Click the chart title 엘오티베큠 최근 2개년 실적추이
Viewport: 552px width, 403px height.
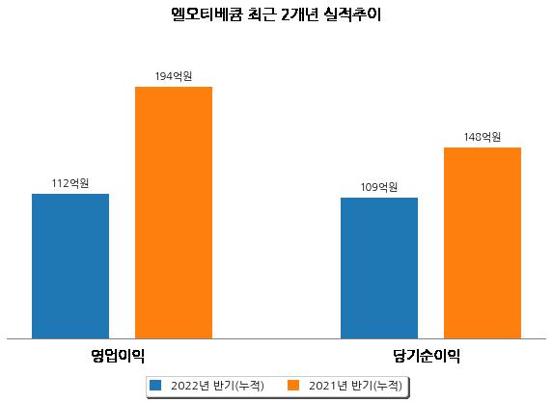276,14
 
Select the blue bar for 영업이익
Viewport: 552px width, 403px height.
70,266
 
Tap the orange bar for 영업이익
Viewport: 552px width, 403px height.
174,213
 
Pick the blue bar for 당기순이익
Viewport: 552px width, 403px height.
379,268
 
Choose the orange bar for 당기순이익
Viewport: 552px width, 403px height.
483,243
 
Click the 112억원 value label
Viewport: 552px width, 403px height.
70,183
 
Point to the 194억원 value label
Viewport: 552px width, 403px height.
174,76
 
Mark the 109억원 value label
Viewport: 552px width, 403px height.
379,187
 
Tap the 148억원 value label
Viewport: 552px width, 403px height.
483,137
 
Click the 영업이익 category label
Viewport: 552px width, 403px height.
118,356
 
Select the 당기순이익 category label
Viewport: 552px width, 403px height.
427,356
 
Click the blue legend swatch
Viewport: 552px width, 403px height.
155,385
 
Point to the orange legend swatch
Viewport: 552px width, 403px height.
293,385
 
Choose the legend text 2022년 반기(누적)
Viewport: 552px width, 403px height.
217,386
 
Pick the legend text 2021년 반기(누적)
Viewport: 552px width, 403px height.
355,386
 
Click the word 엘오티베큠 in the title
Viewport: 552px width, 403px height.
207,14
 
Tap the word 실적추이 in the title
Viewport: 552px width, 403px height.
353,14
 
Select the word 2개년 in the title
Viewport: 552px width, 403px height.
299,14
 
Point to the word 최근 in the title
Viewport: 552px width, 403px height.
262,14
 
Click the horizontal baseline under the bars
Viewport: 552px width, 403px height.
276,339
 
